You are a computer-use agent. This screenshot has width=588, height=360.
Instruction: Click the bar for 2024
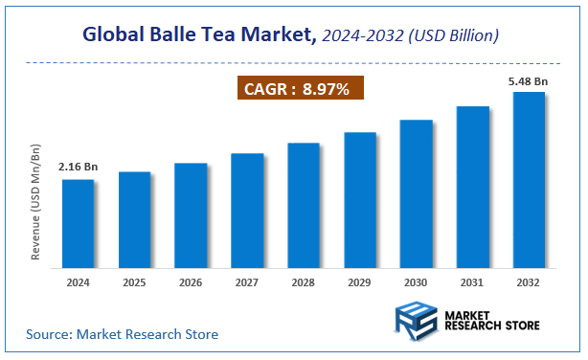(x=78, y=221)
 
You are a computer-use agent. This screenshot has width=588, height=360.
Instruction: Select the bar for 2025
(x=134, y=217)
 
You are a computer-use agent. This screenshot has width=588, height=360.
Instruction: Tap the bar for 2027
(x=247, y=208)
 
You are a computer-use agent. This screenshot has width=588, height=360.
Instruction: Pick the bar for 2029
(x=359, y=197)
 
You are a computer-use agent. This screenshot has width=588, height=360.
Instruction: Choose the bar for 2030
(x=416, y=191)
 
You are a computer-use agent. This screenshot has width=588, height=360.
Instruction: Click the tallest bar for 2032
(x=529, y=177)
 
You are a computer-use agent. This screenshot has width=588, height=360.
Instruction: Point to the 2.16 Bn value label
(x=78, y=167)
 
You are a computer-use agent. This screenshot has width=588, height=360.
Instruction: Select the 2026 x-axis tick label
(x=191, y=282)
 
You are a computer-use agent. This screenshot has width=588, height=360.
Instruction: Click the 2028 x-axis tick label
(x=304, y=282)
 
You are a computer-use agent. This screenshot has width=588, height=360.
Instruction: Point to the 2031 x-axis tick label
(x=472, y=282)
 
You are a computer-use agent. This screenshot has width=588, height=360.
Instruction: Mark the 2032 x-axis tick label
(x=529, y=282)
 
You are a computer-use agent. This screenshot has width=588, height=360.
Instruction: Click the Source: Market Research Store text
(x=122, y=334)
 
